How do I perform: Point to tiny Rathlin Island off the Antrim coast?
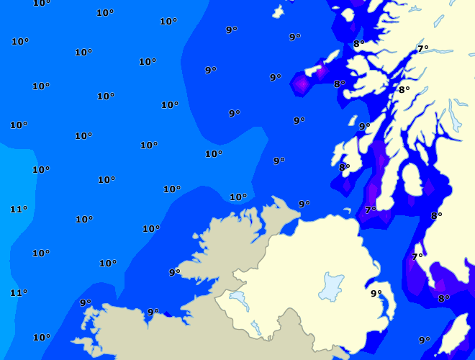tap(349, 212)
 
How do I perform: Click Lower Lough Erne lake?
tap(238, 298)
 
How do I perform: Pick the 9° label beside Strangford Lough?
tap(376, 293)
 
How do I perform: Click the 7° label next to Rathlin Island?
tap(370, 210)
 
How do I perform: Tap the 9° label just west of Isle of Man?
tap(424, 340)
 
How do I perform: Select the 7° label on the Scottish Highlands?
tap(422, 48)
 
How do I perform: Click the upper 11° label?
tap(18, 209)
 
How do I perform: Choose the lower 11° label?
tap(18, 292)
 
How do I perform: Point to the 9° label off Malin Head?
tap(304, 204)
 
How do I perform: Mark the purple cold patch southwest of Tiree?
tap(302, 85)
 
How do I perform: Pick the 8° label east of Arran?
tap(436, 215)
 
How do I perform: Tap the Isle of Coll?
tap(333, 55)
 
